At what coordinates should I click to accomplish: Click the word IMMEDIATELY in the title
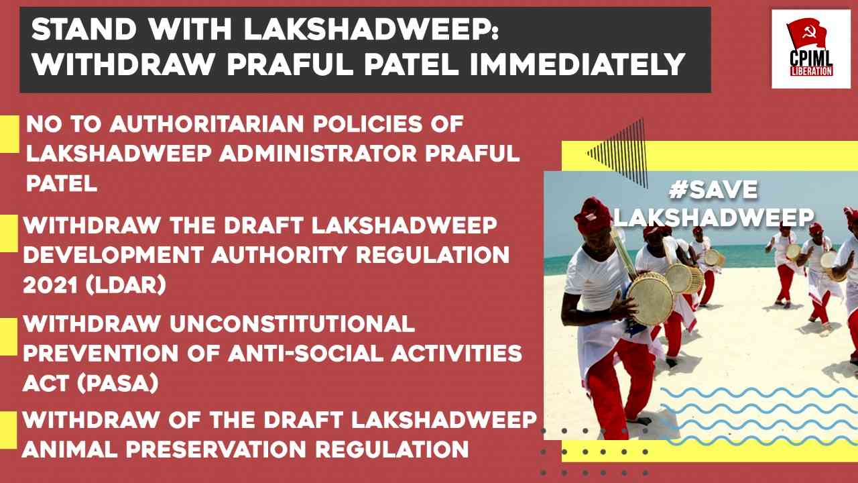577,64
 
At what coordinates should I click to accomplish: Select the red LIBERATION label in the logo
811,70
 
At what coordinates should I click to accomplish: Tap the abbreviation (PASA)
117,383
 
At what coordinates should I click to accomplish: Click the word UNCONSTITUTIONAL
292,324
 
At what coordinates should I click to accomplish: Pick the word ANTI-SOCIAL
306,354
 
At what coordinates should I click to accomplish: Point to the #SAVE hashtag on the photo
713,190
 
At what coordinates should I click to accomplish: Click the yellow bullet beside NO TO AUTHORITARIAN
9,133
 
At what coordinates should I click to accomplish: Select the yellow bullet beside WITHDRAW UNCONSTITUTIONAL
9,337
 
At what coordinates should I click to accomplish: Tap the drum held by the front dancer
650,297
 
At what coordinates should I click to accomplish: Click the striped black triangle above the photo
623,153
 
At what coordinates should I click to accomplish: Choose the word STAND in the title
84,30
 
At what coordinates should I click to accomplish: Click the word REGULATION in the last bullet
392,449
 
